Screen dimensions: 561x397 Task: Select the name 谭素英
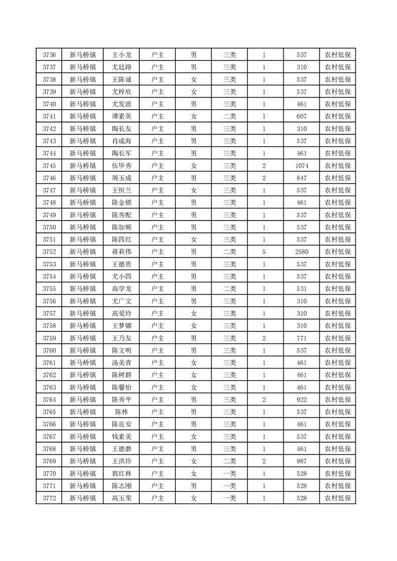[x=121, y=116]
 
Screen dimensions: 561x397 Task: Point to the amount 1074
[x=301, y=165]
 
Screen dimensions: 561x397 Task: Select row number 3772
[x=49, y=498]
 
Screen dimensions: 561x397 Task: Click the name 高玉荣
[x=121, y=498]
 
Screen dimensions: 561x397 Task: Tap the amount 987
[x=301, y=461]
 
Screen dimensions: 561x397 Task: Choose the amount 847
[x=301, y=178]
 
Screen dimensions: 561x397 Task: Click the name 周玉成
[x=121, y=178]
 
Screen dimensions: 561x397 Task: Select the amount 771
[x=301, y=338]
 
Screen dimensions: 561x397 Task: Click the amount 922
[x=301, y=399]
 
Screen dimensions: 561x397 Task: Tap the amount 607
[x=301, y=116]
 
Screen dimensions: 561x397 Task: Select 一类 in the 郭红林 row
[x=229, y=473]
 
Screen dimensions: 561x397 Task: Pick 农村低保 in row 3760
[x=337, y=350]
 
